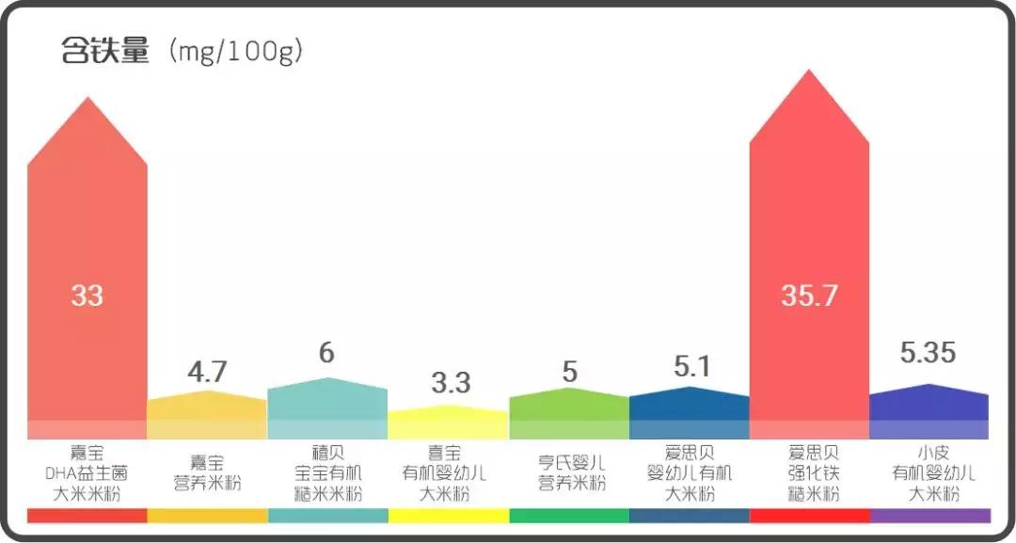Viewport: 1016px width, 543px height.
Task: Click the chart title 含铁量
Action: (105, 50)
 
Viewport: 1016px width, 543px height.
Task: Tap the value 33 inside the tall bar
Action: (87, 295)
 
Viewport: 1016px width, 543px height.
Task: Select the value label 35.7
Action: (809, 295)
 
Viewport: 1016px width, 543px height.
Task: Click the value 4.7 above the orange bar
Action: (207, 372)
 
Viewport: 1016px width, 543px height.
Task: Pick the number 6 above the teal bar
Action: (326, 353)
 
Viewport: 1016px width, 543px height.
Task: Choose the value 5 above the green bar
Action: (569, 372)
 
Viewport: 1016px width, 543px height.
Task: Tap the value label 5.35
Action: (928, 353)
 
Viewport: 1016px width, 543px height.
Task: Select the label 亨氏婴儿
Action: (568, 463)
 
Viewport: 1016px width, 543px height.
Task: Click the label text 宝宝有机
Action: (326, 473)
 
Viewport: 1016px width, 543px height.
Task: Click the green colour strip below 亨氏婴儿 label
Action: (568, 516)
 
